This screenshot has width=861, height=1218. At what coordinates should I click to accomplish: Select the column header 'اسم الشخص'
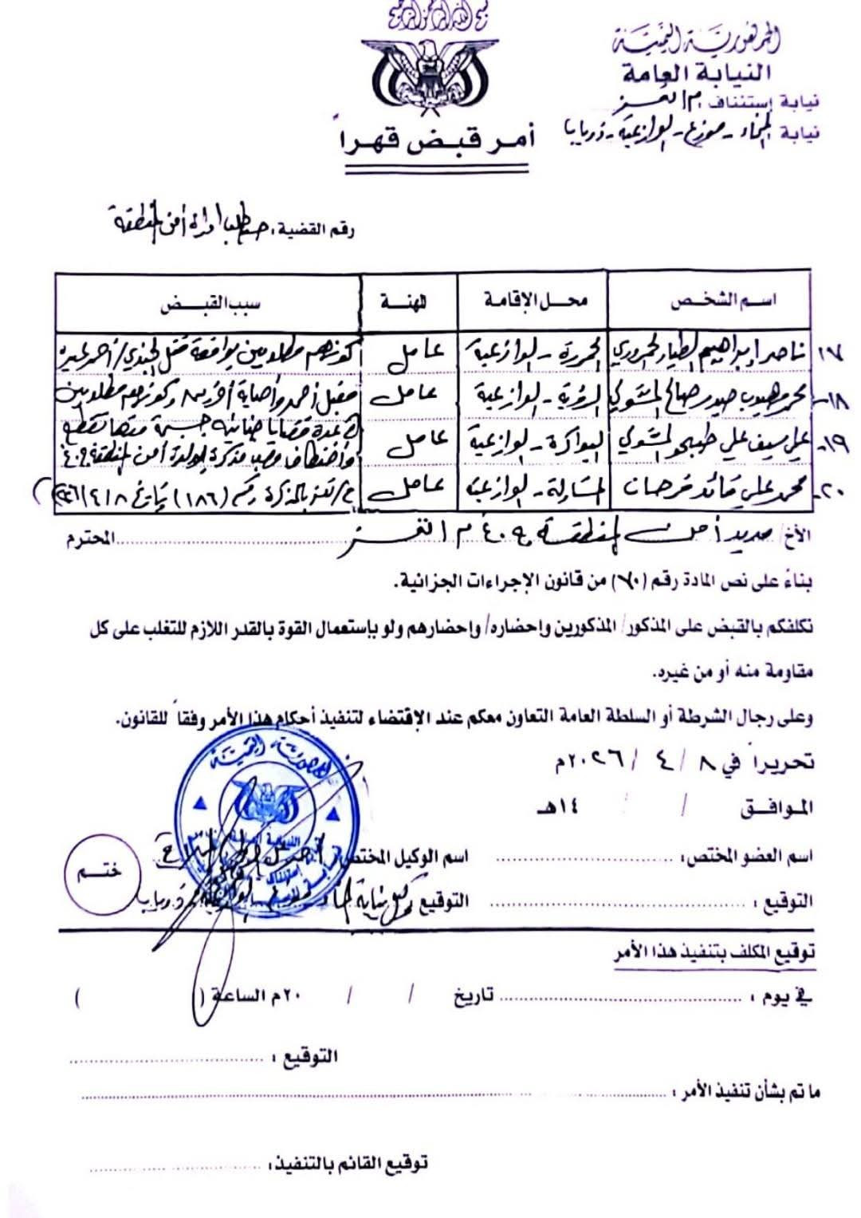(724, 301)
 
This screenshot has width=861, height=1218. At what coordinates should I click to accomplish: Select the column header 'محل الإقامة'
(534, 301)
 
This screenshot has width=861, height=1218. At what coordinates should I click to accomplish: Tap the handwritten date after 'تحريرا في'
(630, 760)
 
